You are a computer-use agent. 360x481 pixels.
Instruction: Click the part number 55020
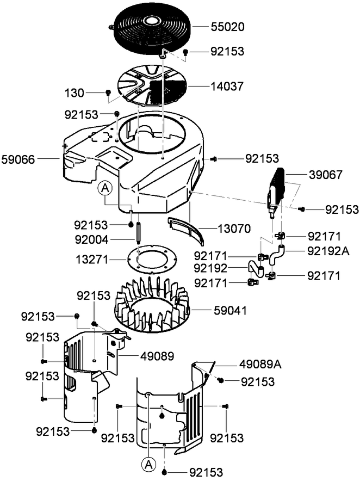point(228,26)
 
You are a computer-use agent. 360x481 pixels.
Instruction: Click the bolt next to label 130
point(108,92)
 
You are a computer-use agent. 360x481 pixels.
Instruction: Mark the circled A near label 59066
point(105,188)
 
